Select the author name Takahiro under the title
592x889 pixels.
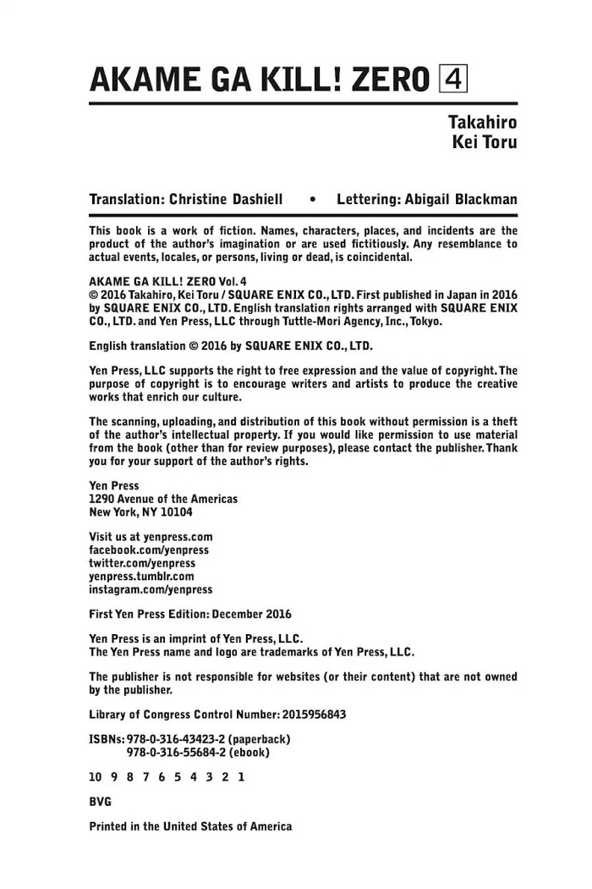click(x=482, y=122)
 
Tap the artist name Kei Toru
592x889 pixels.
click(x=485, y=142)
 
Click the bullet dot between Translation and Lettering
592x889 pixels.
click(x=314, y=201)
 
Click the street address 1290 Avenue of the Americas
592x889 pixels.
click(x=163, y=500)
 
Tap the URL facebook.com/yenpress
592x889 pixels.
click(x=149, y=550)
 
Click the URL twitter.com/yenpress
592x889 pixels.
click(x=142, y=563)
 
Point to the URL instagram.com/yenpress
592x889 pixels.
click(x=151, y=588)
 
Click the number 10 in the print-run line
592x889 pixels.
click(x=95, y=776)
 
